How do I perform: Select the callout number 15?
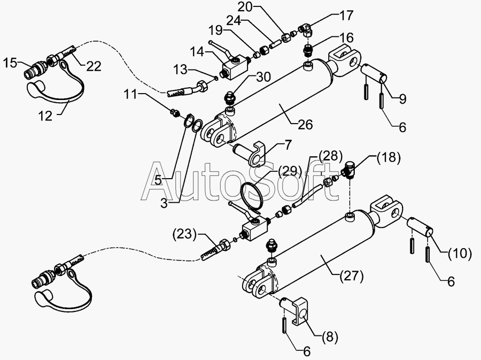pos(10,63)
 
